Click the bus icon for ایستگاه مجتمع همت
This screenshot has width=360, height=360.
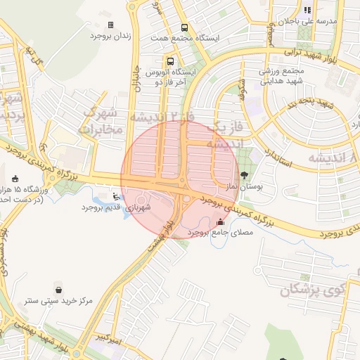click(185, 27)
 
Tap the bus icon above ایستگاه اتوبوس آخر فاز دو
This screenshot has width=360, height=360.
click(170, 61)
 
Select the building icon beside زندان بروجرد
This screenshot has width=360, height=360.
click(110, 25)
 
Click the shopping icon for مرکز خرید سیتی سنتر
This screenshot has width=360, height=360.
click(58, 289)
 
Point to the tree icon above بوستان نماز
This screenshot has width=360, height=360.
click(244, 174)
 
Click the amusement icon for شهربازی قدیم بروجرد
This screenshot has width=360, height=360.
click(116, 195)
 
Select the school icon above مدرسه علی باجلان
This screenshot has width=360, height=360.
click(307, 11)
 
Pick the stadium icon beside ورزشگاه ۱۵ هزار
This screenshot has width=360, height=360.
click(16, 179)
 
